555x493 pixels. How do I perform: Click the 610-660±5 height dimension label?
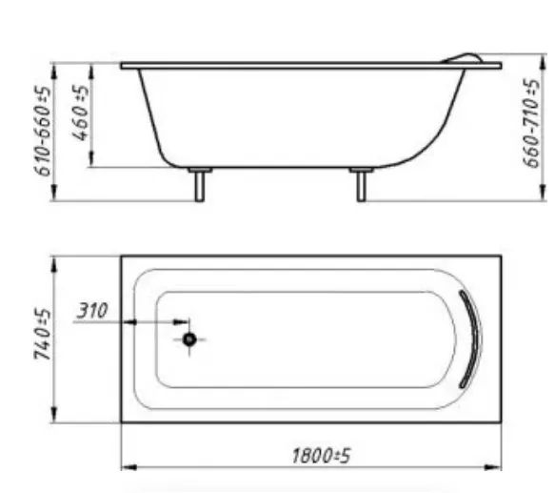click(43, 132)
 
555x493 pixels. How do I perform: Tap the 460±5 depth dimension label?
click(80, 113)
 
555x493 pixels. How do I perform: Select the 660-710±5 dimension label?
click(531, 123)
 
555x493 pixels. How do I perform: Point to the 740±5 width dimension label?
click(43, 334)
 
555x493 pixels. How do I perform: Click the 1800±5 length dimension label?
click(322, 456)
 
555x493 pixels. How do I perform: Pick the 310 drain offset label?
click(92, 311)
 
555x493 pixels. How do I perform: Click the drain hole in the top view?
click(189, 339)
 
